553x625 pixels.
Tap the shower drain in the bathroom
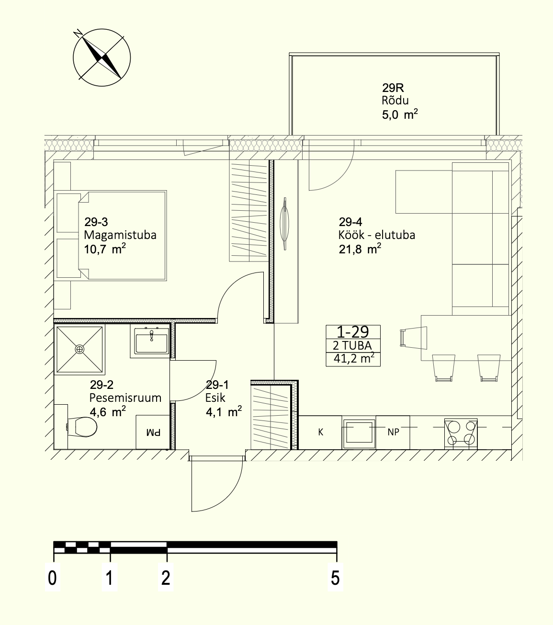[79, 349]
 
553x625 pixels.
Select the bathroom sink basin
[151, 341]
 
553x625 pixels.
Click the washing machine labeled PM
[153, 432]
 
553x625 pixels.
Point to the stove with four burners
[461, 434]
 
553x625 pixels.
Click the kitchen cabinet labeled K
[320, 432]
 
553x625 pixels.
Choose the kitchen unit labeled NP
[393, 432]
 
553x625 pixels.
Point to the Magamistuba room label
[120, 235]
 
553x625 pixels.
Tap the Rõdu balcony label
[395, 101]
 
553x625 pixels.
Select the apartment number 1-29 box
[353, 346]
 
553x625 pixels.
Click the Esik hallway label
[215, 398]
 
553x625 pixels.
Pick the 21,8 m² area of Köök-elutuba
[360, 249]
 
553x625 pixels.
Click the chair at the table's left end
[414, 338]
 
